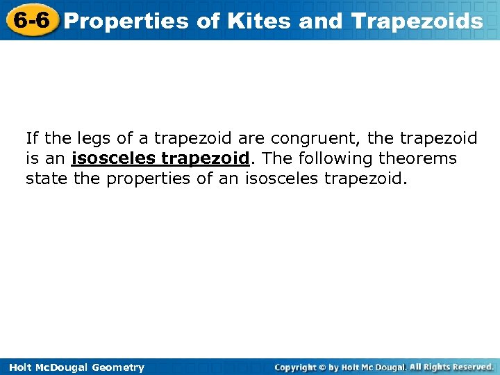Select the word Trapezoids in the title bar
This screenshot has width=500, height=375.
(x=417, y=21)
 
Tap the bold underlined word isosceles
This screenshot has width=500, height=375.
(x=112, y=158)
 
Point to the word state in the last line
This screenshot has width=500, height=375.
(x=44, y=178)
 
